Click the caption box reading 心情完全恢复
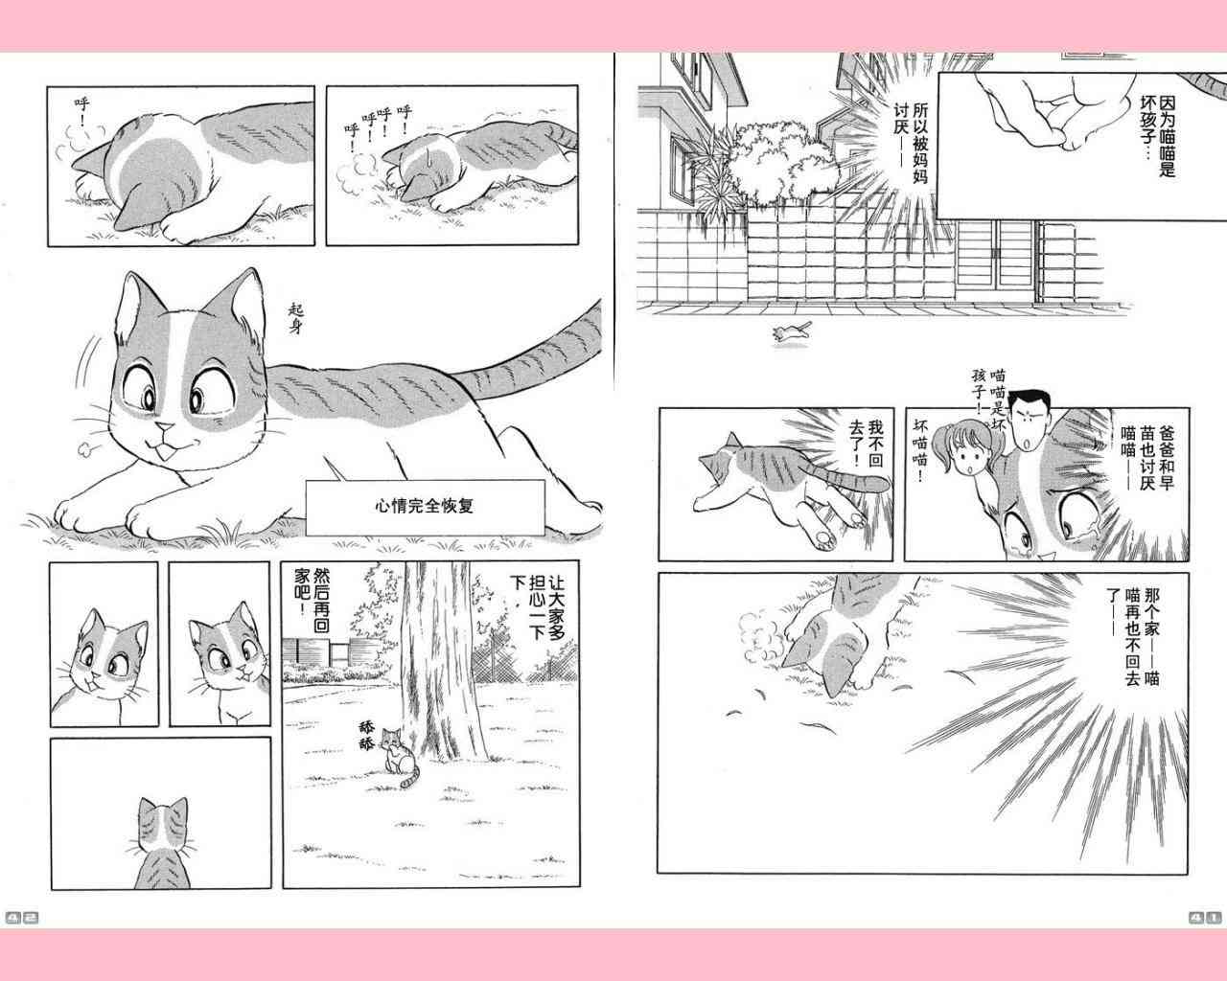(425, 508)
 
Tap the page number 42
(22, 918)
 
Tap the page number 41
(1205, 918)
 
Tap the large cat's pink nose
(165, 427)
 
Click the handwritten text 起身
(296, 319)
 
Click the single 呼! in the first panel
(82, 111)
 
